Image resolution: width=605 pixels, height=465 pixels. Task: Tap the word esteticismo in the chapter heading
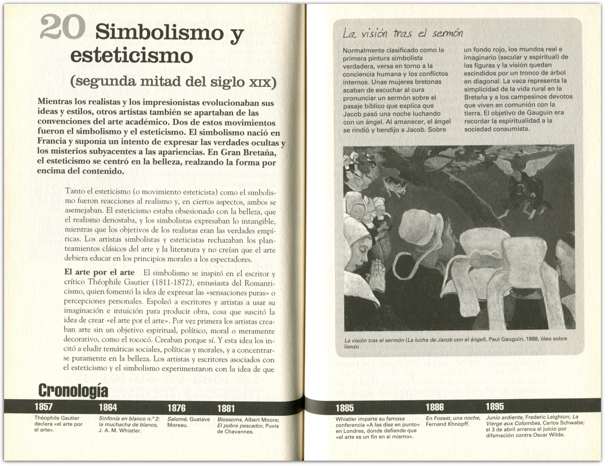coord(131,56)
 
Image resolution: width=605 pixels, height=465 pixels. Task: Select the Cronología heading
coord(73,391)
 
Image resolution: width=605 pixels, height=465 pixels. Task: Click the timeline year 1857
coord(44,407)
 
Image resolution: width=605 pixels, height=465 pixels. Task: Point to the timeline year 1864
coord(108,407)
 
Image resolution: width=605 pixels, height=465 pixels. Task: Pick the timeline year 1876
coord(177,408)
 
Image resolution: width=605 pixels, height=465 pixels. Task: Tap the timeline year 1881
coord(226,408)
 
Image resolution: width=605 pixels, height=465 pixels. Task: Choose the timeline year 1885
coord(345,408)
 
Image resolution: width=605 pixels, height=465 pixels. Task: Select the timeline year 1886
coord(435,407)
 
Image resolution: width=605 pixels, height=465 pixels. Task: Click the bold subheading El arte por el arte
coord(99,272)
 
